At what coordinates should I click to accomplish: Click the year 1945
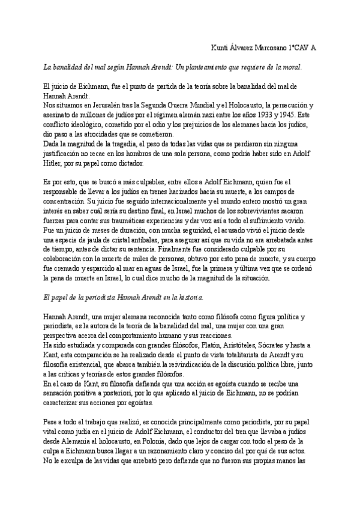295,113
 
